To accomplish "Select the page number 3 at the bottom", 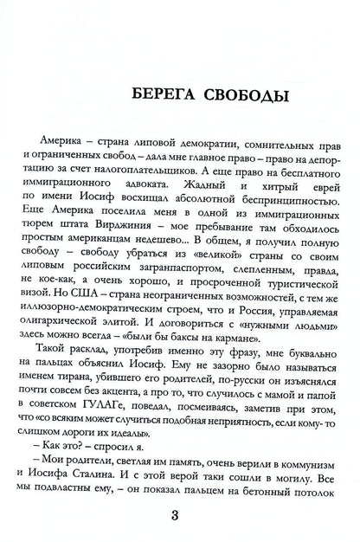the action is tap(180, 518).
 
